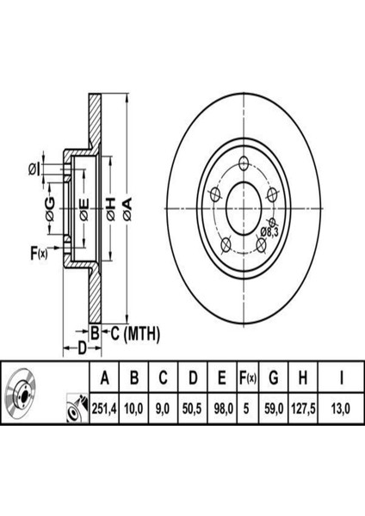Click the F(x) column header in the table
click(x=248, y=376)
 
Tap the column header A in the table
click(x=103, y=376)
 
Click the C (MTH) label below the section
click(x=131, y=332)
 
